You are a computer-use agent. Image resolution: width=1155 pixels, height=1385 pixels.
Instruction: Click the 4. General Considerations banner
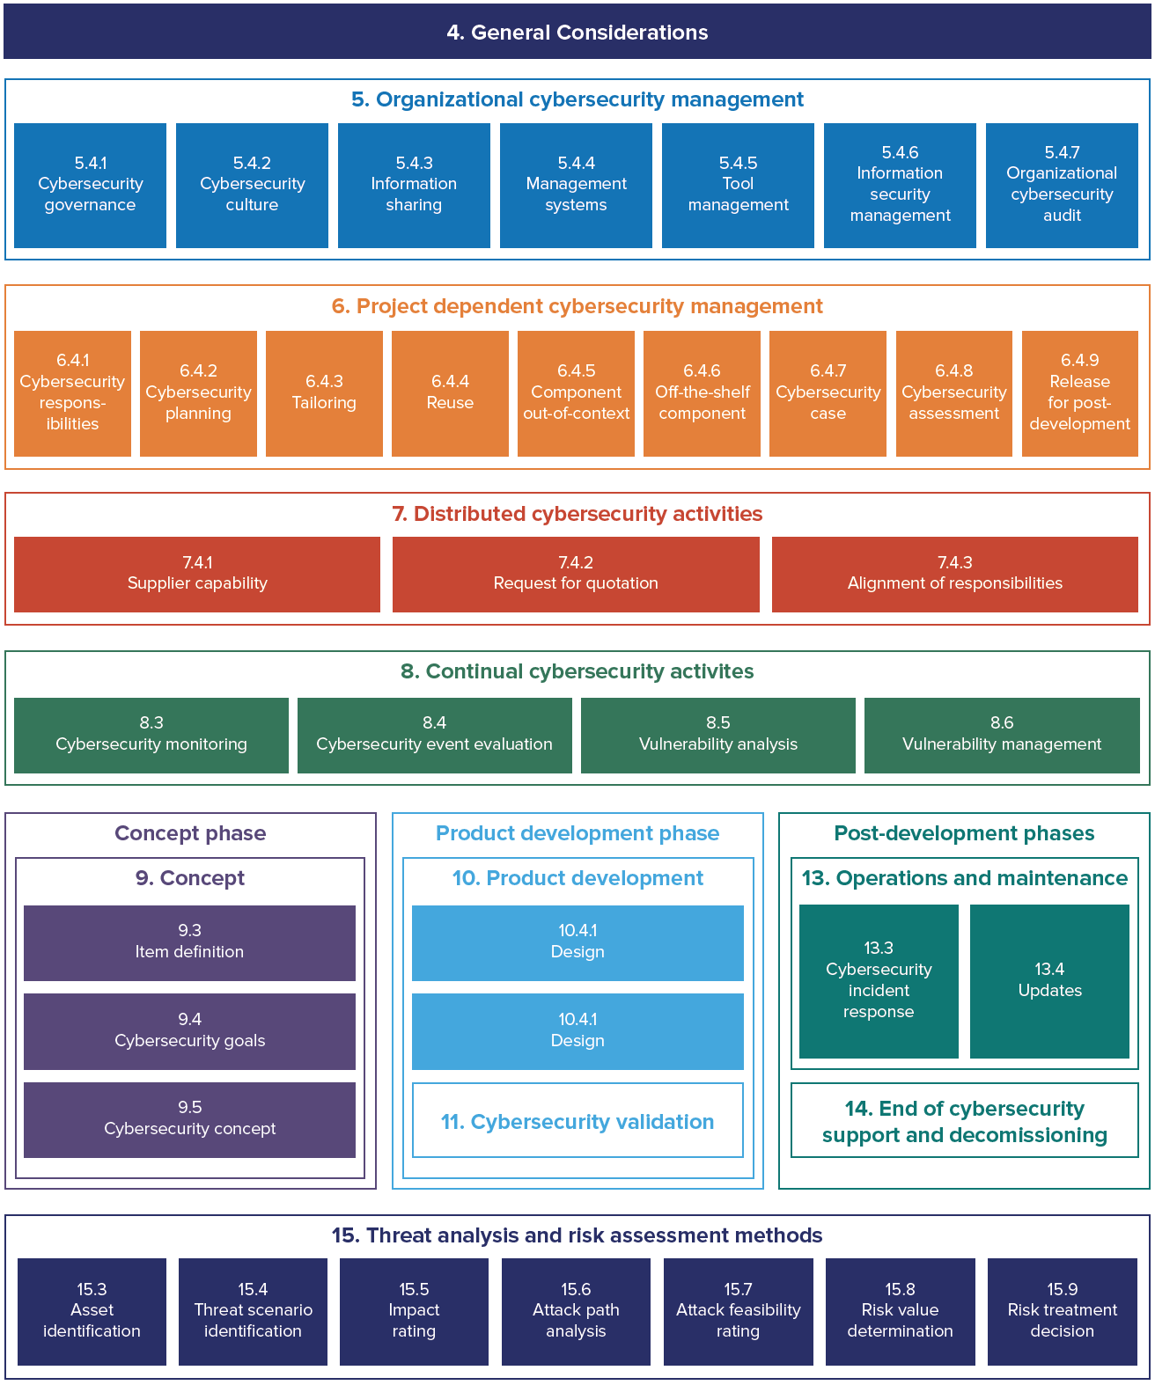click(577, 33)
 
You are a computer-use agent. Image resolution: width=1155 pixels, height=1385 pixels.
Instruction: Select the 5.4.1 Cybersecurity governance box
click(90, 185)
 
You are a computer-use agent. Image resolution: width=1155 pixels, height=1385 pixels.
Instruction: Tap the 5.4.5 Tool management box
click(738, 185)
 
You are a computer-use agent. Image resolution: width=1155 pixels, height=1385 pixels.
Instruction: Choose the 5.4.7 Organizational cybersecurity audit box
click(1062, 185)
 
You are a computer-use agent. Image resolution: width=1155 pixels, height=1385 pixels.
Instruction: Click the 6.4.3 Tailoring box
click(324, 393)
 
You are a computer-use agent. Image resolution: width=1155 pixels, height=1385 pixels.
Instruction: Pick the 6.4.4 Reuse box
click(450, 393)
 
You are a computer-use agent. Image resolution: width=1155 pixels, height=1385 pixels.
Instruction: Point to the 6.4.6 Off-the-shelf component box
click(702, 393)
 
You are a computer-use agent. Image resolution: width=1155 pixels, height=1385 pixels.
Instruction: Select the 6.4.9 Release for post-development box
click(1079, 393)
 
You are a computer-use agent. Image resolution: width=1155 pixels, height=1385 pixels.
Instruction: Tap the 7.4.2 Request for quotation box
click(576, 574)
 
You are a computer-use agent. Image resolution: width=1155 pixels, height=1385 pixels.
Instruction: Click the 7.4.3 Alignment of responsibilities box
click(954, 574)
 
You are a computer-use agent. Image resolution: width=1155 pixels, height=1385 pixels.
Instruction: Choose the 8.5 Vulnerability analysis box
click(717, 735)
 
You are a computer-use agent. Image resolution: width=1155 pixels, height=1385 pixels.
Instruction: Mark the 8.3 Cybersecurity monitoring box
click(151, 735)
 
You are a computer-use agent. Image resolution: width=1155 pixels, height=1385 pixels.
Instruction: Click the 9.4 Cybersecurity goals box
click(189, 1031)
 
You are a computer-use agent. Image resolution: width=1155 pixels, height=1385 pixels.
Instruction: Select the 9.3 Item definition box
click(189, 942)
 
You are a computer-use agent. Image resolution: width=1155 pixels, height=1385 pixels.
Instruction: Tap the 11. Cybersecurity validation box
click(577, 1120)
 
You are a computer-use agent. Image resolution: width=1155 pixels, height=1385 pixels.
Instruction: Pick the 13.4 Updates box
click(1049, 981)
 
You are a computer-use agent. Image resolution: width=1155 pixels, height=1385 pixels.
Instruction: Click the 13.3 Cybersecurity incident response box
click(879, 981)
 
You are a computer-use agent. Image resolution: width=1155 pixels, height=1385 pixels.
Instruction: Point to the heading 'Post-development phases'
click(964, 833)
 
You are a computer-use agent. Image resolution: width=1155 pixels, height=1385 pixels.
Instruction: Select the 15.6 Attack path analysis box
click(576, 1311)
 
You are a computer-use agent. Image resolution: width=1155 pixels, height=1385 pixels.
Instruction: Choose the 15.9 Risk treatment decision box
click(1062, 1311)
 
